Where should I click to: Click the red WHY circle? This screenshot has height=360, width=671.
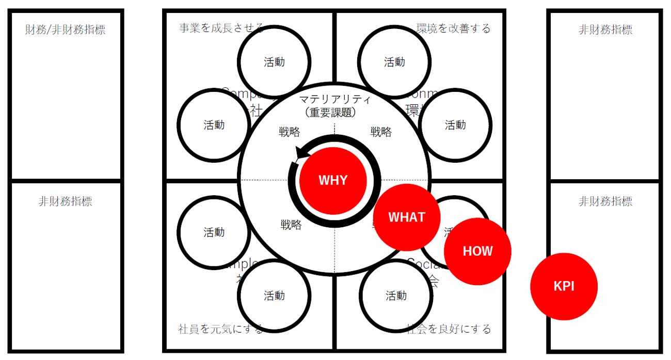[x=333, y=180]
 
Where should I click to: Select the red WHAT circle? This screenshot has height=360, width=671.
[x=407, y=217]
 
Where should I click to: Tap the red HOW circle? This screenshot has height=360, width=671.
[x=477, y=252]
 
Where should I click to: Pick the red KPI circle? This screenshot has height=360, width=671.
[x=564, y=286]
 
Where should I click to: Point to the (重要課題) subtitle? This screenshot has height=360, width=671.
[x=334, y=111]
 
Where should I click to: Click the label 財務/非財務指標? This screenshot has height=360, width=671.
[x=66, y=29]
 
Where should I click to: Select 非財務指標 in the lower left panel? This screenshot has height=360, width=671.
[x=66, y=201]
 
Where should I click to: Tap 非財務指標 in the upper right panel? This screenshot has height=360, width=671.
[x=605, y=29]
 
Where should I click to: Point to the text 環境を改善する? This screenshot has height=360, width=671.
[x=453, y=28]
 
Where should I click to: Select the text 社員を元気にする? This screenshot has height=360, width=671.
[x=221, y=328]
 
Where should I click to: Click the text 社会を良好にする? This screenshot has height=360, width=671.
[x=448, y=328]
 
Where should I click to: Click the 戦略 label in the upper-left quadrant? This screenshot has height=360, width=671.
[x=289, y=132]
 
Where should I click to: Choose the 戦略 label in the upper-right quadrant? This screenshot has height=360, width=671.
[x=381, y=132]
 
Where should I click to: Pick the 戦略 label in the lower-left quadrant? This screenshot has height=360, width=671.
[x=291, y=225]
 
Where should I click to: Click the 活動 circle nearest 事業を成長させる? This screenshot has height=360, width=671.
[x=274, y=62]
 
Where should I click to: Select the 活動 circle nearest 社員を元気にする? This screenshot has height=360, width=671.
[x=274, y=295]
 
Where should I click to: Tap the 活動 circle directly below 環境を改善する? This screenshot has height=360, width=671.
[x=455, y=125]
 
